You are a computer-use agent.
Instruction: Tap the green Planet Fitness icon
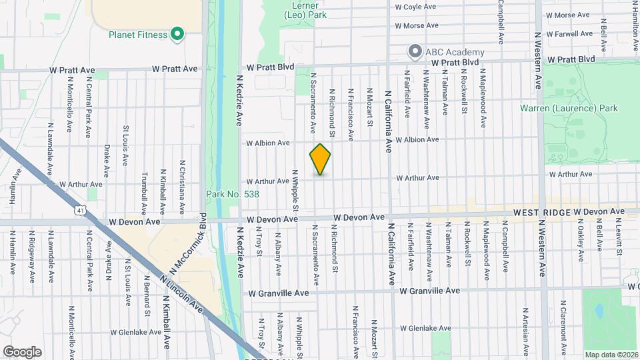coord(177,33)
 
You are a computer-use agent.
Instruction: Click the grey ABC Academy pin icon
coord(415,51)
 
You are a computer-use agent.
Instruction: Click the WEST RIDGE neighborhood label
coord(541,212)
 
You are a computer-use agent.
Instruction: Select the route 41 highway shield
coord(81,210)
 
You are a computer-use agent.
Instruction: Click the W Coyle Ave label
coord(415,7)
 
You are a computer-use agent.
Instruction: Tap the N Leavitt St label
coord(619,238)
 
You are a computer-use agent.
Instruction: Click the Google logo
coord(22,352)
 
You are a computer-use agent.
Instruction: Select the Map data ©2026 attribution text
coord(611,354)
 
